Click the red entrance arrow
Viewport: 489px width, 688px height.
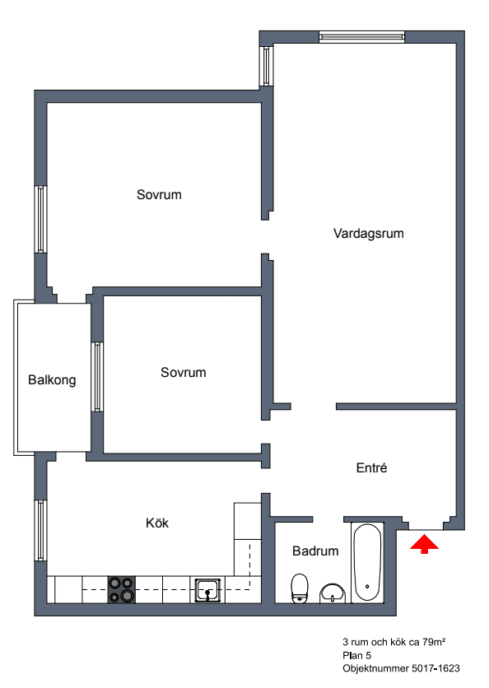pyautogui.click(x=425, y=544)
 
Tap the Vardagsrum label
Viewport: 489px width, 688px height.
pyautogui.click(x=369, y=233)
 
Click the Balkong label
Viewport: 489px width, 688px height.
pyautogui.click(x=52, y=379)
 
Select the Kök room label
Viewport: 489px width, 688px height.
pyautogui.click(x=157, y=523)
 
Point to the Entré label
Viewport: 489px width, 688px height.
pyautogui.click(x=371, y=467)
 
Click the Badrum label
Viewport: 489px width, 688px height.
pyautogui.click(x=315, y=551)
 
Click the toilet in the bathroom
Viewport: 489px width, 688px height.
pyautogui.click(x=300, y=588)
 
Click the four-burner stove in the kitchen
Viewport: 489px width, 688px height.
pyautogui.click(x=121, y=588)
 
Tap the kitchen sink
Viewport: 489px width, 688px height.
pyautogui.click(x=207, y=589)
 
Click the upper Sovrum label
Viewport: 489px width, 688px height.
pyautogui.click(x=159, y=195)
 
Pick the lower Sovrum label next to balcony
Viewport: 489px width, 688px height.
pyautogui.click(x=183, y=373)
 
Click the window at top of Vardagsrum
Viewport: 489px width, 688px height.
pyautogui.click(x=361, y=36)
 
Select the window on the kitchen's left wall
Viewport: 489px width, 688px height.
pyautogui.click(x=40, y=530)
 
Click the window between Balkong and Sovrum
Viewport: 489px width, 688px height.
pyautogui.click(x=97, y=376)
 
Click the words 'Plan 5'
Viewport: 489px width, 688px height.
pyautogui.click(x=357, y=654)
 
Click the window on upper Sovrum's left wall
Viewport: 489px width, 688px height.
pyautogui.click(x=40, y=219)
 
